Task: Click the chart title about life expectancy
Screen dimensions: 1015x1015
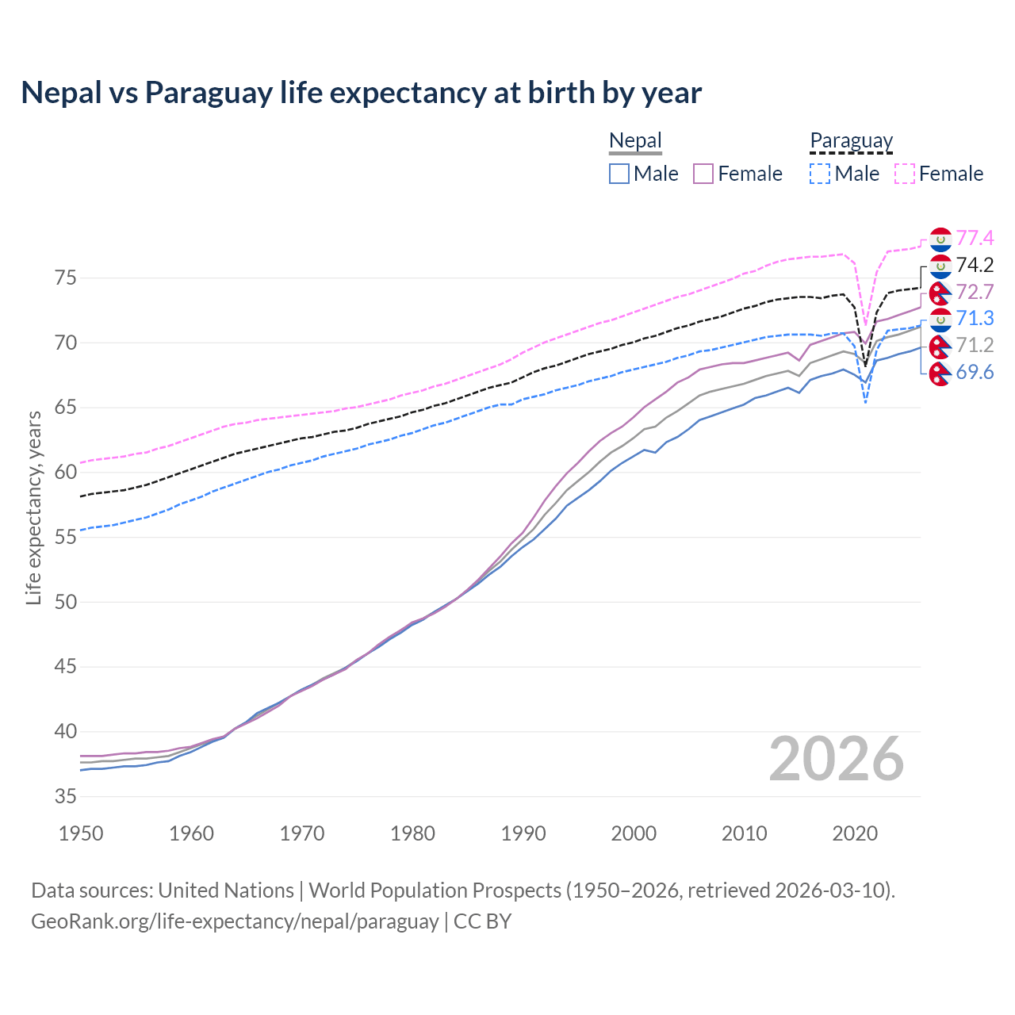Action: pos(361,93)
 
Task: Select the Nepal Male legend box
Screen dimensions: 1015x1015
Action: pos(619,174)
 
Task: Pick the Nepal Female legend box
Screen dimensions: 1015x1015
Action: pos(703,174)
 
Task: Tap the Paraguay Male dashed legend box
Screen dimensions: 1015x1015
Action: pos(820,174)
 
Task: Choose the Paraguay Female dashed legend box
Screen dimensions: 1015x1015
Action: pos(905,174)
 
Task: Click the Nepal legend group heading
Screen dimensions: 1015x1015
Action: pos(635,141)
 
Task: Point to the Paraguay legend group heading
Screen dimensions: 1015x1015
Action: pos(851,141)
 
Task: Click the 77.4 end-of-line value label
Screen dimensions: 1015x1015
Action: pos(975,238)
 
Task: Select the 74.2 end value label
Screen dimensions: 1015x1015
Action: pos(975,265)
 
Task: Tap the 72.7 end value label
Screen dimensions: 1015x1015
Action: pos(975,292)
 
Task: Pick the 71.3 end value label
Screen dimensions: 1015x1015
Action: pos(975,318)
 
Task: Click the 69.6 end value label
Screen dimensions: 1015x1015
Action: pos(975,372)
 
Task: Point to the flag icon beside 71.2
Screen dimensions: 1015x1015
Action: pos(940,346)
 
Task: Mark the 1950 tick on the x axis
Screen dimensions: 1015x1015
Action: pos(82,833)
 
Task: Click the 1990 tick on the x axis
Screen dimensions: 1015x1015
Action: pos(523,833)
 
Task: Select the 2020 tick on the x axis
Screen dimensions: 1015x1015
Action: pos(855,833)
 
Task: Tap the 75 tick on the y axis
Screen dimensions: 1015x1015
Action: pos(65,278)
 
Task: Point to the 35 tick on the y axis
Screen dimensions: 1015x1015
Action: pos(65,796)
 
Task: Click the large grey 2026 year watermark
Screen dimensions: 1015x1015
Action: pos(836,759)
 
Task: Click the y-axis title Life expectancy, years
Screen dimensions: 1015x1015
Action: pos(34,507)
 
